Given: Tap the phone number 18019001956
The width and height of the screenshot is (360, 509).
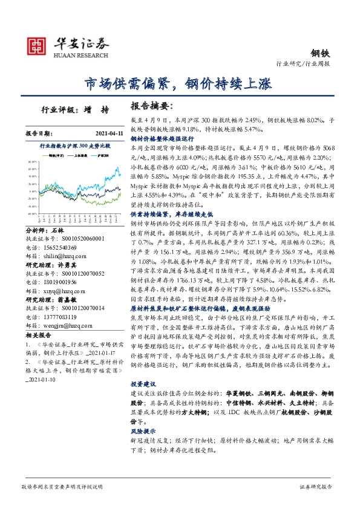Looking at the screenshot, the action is point(59,282).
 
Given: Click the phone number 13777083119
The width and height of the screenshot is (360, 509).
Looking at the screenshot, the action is point(59,317).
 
